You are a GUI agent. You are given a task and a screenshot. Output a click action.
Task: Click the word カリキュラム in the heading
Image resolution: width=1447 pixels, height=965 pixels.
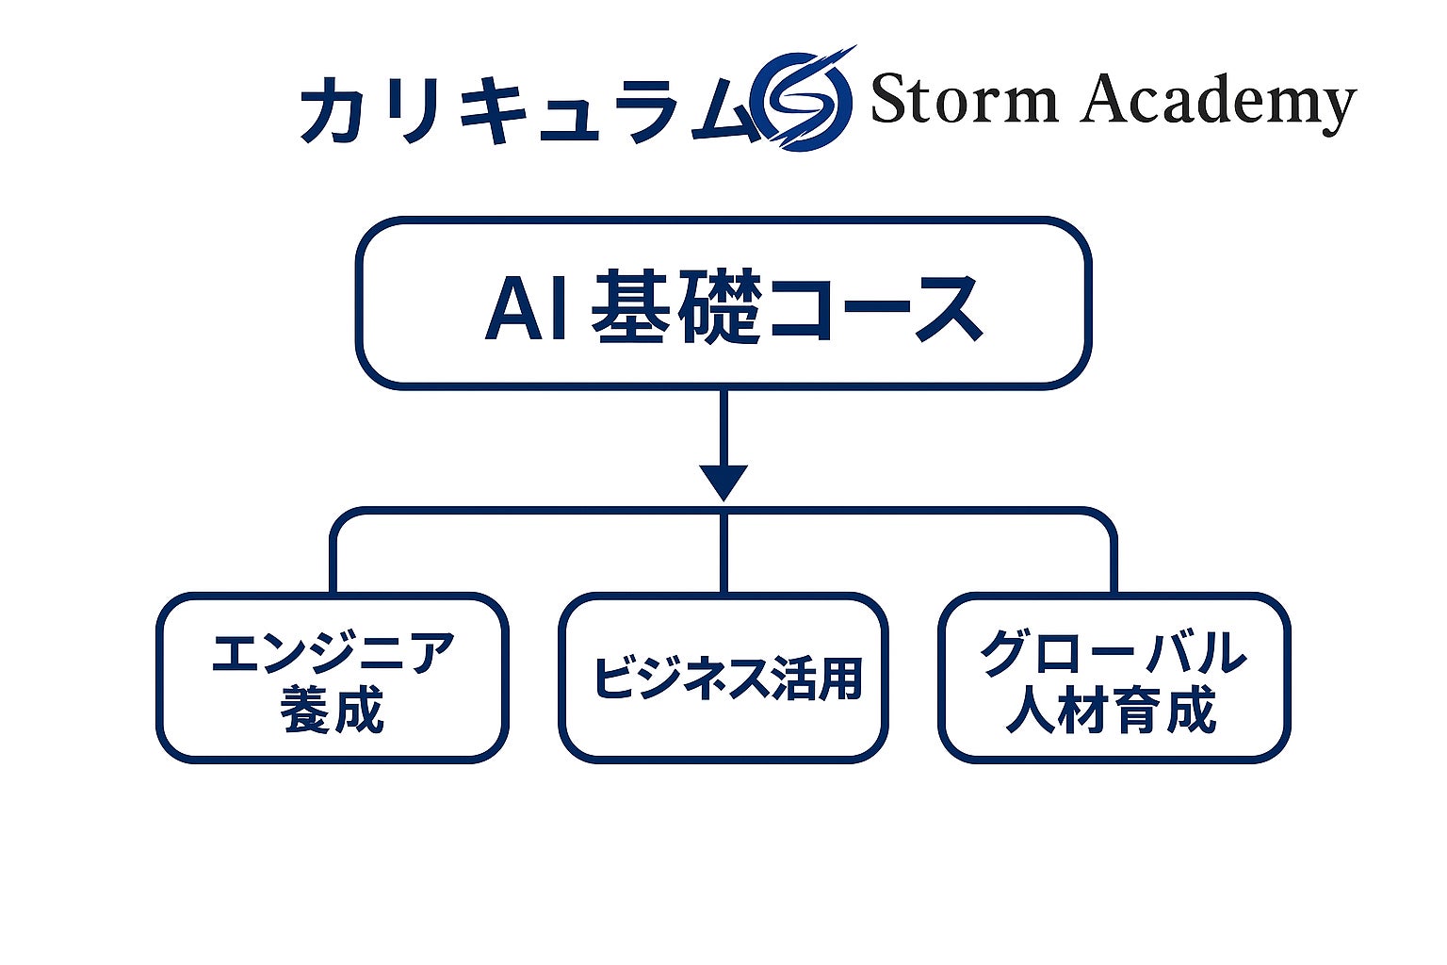click(528, 108)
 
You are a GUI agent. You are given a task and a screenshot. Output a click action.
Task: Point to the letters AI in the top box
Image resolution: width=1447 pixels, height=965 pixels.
click(526, 308)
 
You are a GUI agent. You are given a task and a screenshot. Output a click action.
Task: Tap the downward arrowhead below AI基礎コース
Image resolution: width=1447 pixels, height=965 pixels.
click(723, 482)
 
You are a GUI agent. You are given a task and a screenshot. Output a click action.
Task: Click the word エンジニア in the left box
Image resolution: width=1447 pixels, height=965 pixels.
click(333, 652)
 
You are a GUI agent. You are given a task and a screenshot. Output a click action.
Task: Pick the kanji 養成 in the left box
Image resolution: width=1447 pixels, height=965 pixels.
click(333, 710)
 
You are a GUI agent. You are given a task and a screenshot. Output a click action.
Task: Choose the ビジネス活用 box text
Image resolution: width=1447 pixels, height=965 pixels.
click(725, 678)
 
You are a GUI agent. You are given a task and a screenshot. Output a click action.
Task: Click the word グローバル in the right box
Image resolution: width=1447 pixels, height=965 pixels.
click(1113, 652)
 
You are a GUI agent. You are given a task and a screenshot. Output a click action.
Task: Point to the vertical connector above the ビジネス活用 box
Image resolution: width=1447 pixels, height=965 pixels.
click(723, 556)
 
